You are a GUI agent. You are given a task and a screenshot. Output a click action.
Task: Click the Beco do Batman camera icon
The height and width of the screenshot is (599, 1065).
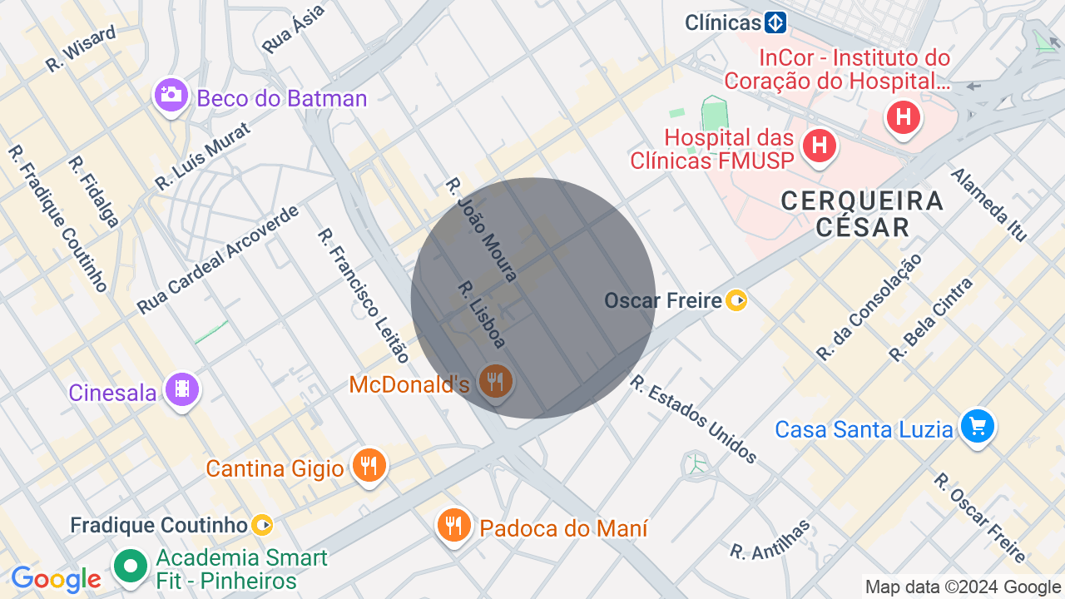pyautogui.click(x=171, y=95)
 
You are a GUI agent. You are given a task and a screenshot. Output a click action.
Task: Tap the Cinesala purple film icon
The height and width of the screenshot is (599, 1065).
pyautogui.click(x=182, y=389)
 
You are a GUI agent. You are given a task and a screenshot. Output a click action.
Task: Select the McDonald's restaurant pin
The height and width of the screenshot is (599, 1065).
pyautogui.click(x=496, y=381)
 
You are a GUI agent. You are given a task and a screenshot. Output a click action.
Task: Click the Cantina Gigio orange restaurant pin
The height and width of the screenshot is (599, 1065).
pyautogui.click(x=369, y=465)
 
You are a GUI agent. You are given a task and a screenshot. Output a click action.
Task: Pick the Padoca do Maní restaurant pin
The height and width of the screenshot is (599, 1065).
pyautogui.click(x=453, y=525)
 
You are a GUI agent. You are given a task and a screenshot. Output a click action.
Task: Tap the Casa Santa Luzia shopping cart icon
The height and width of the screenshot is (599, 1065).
pyautogui.click(x=977, y=427)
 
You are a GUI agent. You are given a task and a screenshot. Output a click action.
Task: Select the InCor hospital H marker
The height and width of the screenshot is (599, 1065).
pyautogui.click(x=903, y=117)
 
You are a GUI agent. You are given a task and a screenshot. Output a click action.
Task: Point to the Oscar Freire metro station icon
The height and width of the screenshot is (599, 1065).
pyautogui.click(x=736, y=299)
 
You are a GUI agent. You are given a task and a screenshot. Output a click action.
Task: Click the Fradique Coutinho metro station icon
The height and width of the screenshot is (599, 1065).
pyautogui.click(x=262, y=525)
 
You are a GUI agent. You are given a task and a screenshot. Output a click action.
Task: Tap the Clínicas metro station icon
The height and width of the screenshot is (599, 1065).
pyautogui.click(x=776, y=22)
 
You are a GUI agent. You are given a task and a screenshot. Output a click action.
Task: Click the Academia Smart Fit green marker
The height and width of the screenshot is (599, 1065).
pyautogui.click(x=131, y=567)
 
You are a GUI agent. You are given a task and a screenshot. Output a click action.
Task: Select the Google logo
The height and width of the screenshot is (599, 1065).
pyautogui.click(x=56, y=579)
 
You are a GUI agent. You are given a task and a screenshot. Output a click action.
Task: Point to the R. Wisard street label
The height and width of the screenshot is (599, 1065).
pyautogui.click(x=80, y=49)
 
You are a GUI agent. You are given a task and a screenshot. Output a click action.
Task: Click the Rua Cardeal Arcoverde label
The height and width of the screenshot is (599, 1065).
pyautogui.click(x=218, y=260)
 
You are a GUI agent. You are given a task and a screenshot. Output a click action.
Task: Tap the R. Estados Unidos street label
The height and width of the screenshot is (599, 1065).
pyautogui.click(x=693, y=419)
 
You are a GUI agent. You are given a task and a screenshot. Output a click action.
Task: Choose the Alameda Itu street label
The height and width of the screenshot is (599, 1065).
pyautogui.click(x=989, y=205)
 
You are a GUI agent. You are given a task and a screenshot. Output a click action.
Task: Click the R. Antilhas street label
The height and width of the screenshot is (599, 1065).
pyautogui.click(x=770, y=540)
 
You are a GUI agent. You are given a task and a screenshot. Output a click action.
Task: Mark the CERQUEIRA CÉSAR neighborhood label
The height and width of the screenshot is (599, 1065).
pyautogui.click(x=863, y=214)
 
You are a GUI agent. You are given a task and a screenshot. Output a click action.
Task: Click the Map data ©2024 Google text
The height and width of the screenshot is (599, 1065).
pyautogui.click(x=963, y=587)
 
